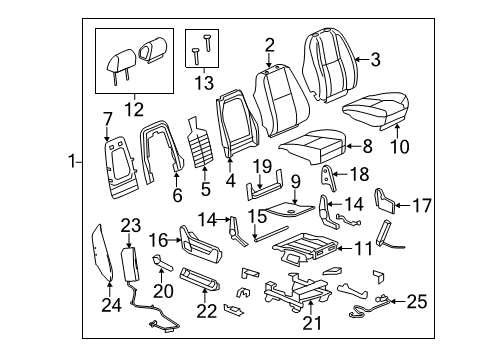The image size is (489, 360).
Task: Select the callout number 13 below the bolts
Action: click(204, 80)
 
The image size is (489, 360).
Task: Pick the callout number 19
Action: click(261, 166)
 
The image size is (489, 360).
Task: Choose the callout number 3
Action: click(375, 60)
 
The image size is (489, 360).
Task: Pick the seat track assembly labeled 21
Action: click(300, 294)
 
